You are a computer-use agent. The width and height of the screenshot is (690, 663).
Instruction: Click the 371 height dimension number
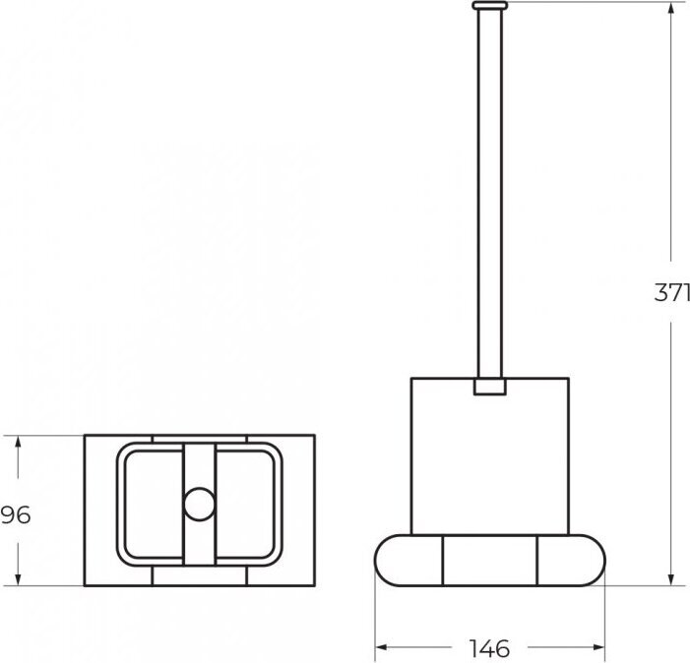[672, 292]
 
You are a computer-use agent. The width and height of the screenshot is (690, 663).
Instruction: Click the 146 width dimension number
[489, 648]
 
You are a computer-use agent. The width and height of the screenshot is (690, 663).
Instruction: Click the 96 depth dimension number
[16, 514]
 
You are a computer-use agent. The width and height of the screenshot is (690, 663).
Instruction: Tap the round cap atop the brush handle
[490, 5]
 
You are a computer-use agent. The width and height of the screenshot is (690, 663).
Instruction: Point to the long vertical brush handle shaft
[490, 194]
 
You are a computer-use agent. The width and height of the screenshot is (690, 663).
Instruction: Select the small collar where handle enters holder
[490, 387]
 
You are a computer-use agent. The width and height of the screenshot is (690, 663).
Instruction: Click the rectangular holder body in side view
[490, 456]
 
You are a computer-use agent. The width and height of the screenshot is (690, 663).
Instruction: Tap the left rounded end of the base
[408, 561]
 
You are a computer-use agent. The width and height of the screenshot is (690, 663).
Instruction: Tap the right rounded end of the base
[572, 561]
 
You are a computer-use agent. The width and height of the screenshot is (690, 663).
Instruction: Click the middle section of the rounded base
[490, 561]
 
